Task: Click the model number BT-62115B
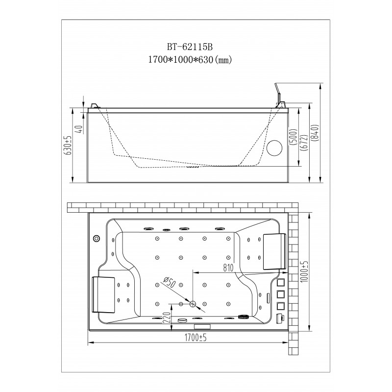[190, 47]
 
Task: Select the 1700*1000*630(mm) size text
[190, 60]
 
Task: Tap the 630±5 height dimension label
[69, 145]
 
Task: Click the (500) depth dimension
[293, 137]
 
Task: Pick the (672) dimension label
[303, 143]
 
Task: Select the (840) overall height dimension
[315, 133]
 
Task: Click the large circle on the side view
[274, 148]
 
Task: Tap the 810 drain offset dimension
[228, 268]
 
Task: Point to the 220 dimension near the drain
[167, 318]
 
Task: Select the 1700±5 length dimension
[196, 338]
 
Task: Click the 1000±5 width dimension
[304, 272]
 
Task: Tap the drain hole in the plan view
[193, 304]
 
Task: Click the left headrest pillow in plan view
[103, 294]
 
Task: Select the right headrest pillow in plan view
[274, 251]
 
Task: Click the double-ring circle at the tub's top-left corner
[96, 239]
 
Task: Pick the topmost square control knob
[281, 282]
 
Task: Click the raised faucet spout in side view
[279, 96]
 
